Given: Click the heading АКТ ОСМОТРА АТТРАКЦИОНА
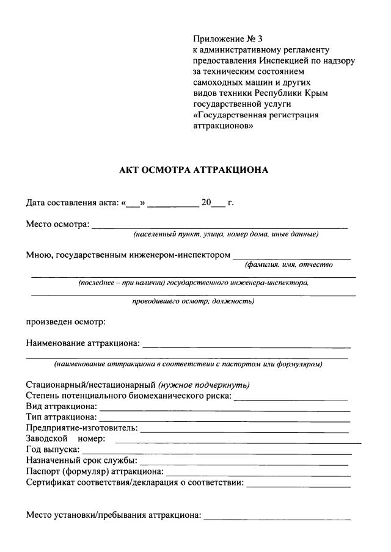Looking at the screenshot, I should tap(194, 170).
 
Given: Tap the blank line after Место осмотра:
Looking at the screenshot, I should tap(220, 226).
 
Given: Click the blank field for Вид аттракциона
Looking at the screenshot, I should tap(224, 407).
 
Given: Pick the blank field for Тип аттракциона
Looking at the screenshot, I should tap(224, 418).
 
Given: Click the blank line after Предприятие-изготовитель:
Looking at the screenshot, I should tap(244, 429).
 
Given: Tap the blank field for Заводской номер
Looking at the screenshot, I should tap(238, 440).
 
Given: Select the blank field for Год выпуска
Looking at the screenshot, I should tap(217, 451).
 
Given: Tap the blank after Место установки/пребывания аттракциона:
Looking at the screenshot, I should tap(277, 517).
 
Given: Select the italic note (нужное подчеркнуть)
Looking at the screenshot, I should tap(204, 385).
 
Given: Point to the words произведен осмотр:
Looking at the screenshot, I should tap(66, 321).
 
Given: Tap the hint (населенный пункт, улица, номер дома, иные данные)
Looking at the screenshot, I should tap(226, 234).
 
